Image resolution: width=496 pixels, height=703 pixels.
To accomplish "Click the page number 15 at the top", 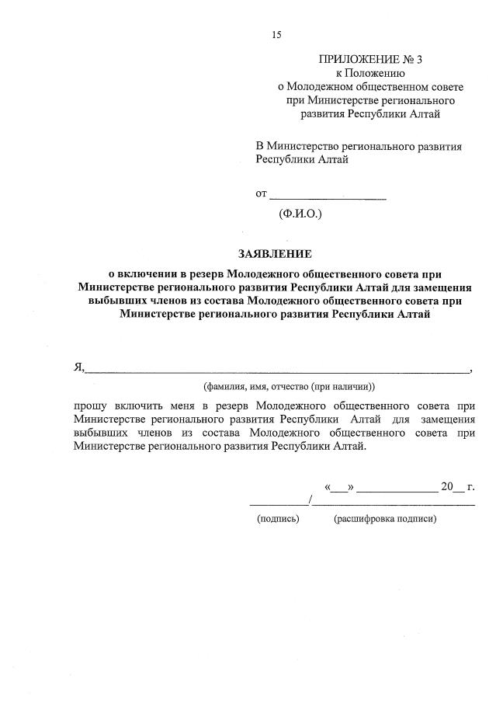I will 276,34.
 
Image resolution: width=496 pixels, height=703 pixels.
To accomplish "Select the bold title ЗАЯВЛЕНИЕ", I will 275,253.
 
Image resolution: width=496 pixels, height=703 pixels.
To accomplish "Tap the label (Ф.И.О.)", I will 300,212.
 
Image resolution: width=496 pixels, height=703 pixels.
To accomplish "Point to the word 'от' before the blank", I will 262,193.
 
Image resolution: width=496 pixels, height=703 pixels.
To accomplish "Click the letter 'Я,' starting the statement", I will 78,367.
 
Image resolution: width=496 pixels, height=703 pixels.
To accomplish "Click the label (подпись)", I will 277,520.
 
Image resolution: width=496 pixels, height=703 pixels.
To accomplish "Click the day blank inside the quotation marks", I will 339,489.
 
